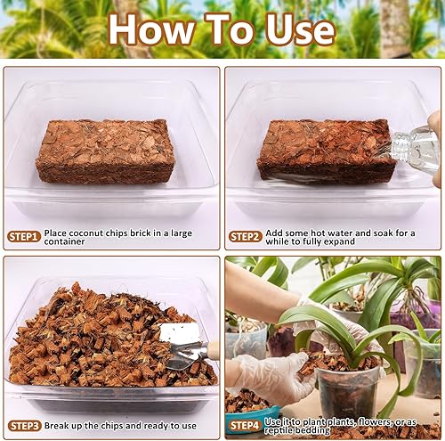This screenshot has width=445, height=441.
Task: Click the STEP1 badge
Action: point(24,236)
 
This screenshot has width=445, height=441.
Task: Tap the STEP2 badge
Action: point(246,236)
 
